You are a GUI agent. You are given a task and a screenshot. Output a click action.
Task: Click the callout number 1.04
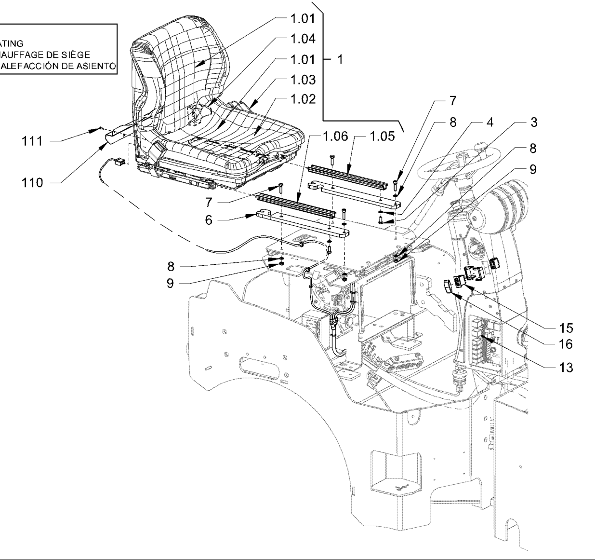point(303,39)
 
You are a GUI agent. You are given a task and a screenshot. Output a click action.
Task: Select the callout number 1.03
point(303,80)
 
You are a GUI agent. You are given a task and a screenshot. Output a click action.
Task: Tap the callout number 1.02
point(303,99)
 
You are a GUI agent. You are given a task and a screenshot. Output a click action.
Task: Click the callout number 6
point(209,219)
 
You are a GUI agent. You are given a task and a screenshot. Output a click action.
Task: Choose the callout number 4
point(489,123)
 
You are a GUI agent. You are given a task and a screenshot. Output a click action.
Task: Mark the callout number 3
point(533,123)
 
